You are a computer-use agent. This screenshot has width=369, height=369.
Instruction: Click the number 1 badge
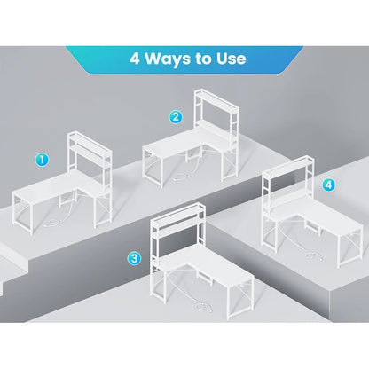[42, 160]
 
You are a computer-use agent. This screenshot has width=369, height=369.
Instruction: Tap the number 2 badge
[176, 117]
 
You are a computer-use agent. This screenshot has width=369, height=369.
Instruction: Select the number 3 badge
[134, 258]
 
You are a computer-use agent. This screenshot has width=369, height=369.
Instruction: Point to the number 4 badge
[328, 185]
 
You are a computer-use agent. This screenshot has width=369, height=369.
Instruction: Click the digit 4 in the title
[135, 59]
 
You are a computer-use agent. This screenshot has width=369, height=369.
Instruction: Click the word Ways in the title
[168, 59]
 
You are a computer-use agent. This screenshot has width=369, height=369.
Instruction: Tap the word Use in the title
[231, 59]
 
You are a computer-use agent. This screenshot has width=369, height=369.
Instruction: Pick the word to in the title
[203, 59]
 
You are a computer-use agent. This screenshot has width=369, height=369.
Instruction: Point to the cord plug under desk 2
[177, 179]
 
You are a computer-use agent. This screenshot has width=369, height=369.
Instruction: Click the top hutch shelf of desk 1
[90, 140]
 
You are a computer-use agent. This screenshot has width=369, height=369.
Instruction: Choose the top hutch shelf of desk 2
[216, 98]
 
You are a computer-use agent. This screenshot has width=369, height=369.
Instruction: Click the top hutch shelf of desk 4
[288, 166]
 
